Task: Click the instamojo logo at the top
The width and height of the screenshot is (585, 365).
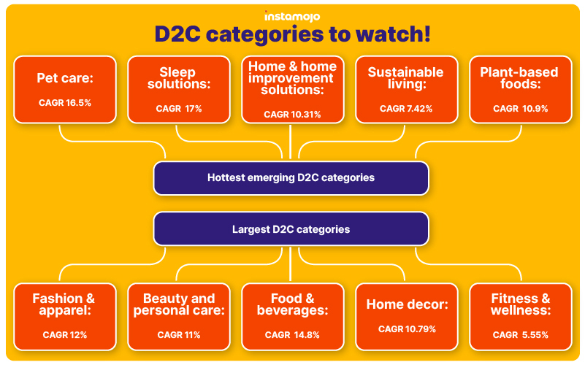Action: pyautogui.click(x=292, y=16)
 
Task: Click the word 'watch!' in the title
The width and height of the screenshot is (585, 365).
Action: pyautogui.click(x=393, y=34)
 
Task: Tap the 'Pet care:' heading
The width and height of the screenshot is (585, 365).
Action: pyautogui.click(x=65, y=78)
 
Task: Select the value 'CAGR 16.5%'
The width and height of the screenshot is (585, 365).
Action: pyautogui.click(x=65, y=103)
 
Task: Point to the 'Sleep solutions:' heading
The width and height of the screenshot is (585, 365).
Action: pyautogui.click(x=179, y=78)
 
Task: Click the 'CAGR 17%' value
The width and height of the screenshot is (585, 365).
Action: pyautogui.click(x=179, y=109)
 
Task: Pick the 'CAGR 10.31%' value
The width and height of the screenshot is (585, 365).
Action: pyautogui.click(x=292, y=115)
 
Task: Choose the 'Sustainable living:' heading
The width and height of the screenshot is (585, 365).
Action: pyautogui.click(x=406, y=78)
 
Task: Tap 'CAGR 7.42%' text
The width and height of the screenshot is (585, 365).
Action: pyautogui.click(x=406, y=109)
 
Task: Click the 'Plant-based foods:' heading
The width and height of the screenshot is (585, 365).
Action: pyautogui.click(x=519, y=78)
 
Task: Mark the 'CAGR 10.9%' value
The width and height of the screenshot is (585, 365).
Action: pyautogui.click(x=521, y=109)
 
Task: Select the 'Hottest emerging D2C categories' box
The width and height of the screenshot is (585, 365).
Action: pyautogui.click(x=291, y=178)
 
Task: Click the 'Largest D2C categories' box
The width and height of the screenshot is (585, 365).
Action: pyautogui.click(x=291, y=229)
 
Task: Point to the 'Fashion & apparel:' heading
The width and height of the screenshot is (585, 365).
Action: pyautogui.click(x=64, y=304)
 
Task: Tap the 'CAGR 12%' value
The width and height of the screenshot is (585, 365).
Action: pyautogui.click(x=65, y=335)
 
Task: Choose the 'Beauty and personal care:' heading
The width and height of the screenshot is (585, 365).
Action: pyautogui.click(x=179, y=304)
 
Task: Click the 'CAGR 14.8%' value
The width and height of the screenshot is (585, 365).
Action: pyautogui.click(x=292, y=335)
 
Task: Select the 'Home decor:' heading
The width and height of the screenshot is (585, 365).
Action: pyautogui.click(x=407, y=304)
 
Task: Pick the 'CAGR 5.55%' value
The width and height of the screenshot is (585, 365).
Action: pyautogui.click(x=521, y=335)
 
